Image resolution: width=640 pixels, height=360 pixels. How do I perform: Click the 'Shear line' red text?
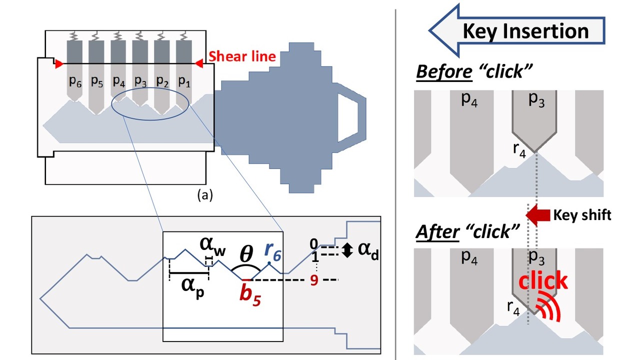[242, 56]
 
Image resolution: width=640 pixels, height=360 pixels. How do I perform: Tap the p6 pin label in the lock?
[75, 82]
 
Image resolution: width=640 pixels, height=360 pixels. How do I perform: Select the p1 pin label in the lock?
[185, 82]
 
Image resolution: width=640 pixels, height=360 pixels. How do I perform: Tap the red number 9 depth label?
[314, 280]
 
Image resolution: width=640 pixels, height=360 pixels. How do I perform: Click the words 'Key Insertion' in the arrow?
[525, 31]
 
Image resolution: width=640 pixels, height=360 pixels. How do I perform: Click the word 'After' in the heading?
[437, 231]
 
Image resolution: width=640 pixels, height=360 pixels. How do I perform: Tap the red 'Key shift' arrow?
[538, 214]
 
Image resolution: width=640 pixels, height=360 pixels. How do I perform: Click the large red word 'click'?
[543, 281]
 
